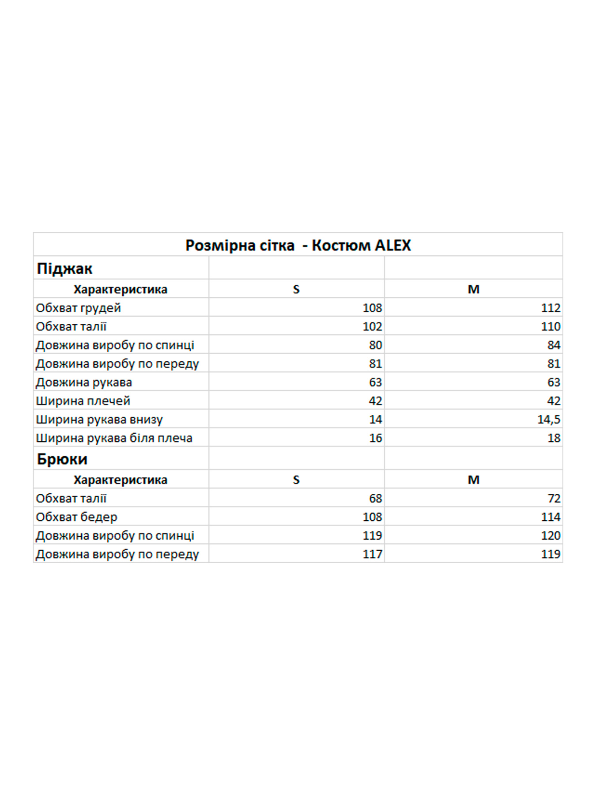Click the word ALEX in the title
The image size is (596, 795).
(392, 245)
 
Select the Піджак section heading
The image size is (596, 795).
(64, 269)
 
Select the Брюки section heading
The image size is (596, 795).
(62, 459)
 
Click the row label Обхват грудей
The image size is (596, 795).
(78, 308)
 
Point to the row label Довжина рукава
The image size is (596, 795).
(84, 382)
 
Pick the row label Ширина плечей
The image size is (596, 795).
(83, 401)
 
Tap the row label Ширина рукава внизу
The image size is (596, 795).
(99, 419)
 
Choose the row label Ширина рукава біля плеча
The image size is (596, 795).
(114, 438)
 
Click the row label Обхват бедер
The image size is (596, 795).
(76, 517)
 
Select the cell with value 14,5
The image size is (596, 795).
(548, 419)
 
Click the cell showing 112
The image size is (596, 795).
(551, 308)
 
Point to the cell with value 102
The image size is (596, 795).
(372, 326)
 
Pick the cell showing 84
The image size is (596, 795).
(554, 345)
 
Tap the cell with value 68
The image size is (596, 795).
(375, 498)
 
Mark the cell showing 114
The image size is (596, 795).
(551, 517)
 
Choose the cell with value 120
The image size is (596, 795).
(551, 535)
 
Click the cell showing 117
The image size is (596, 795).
(372, 554)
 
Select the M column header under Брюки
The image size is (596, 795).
(473, 480)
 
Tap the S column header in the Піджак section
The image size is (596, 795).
(296, 289)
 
